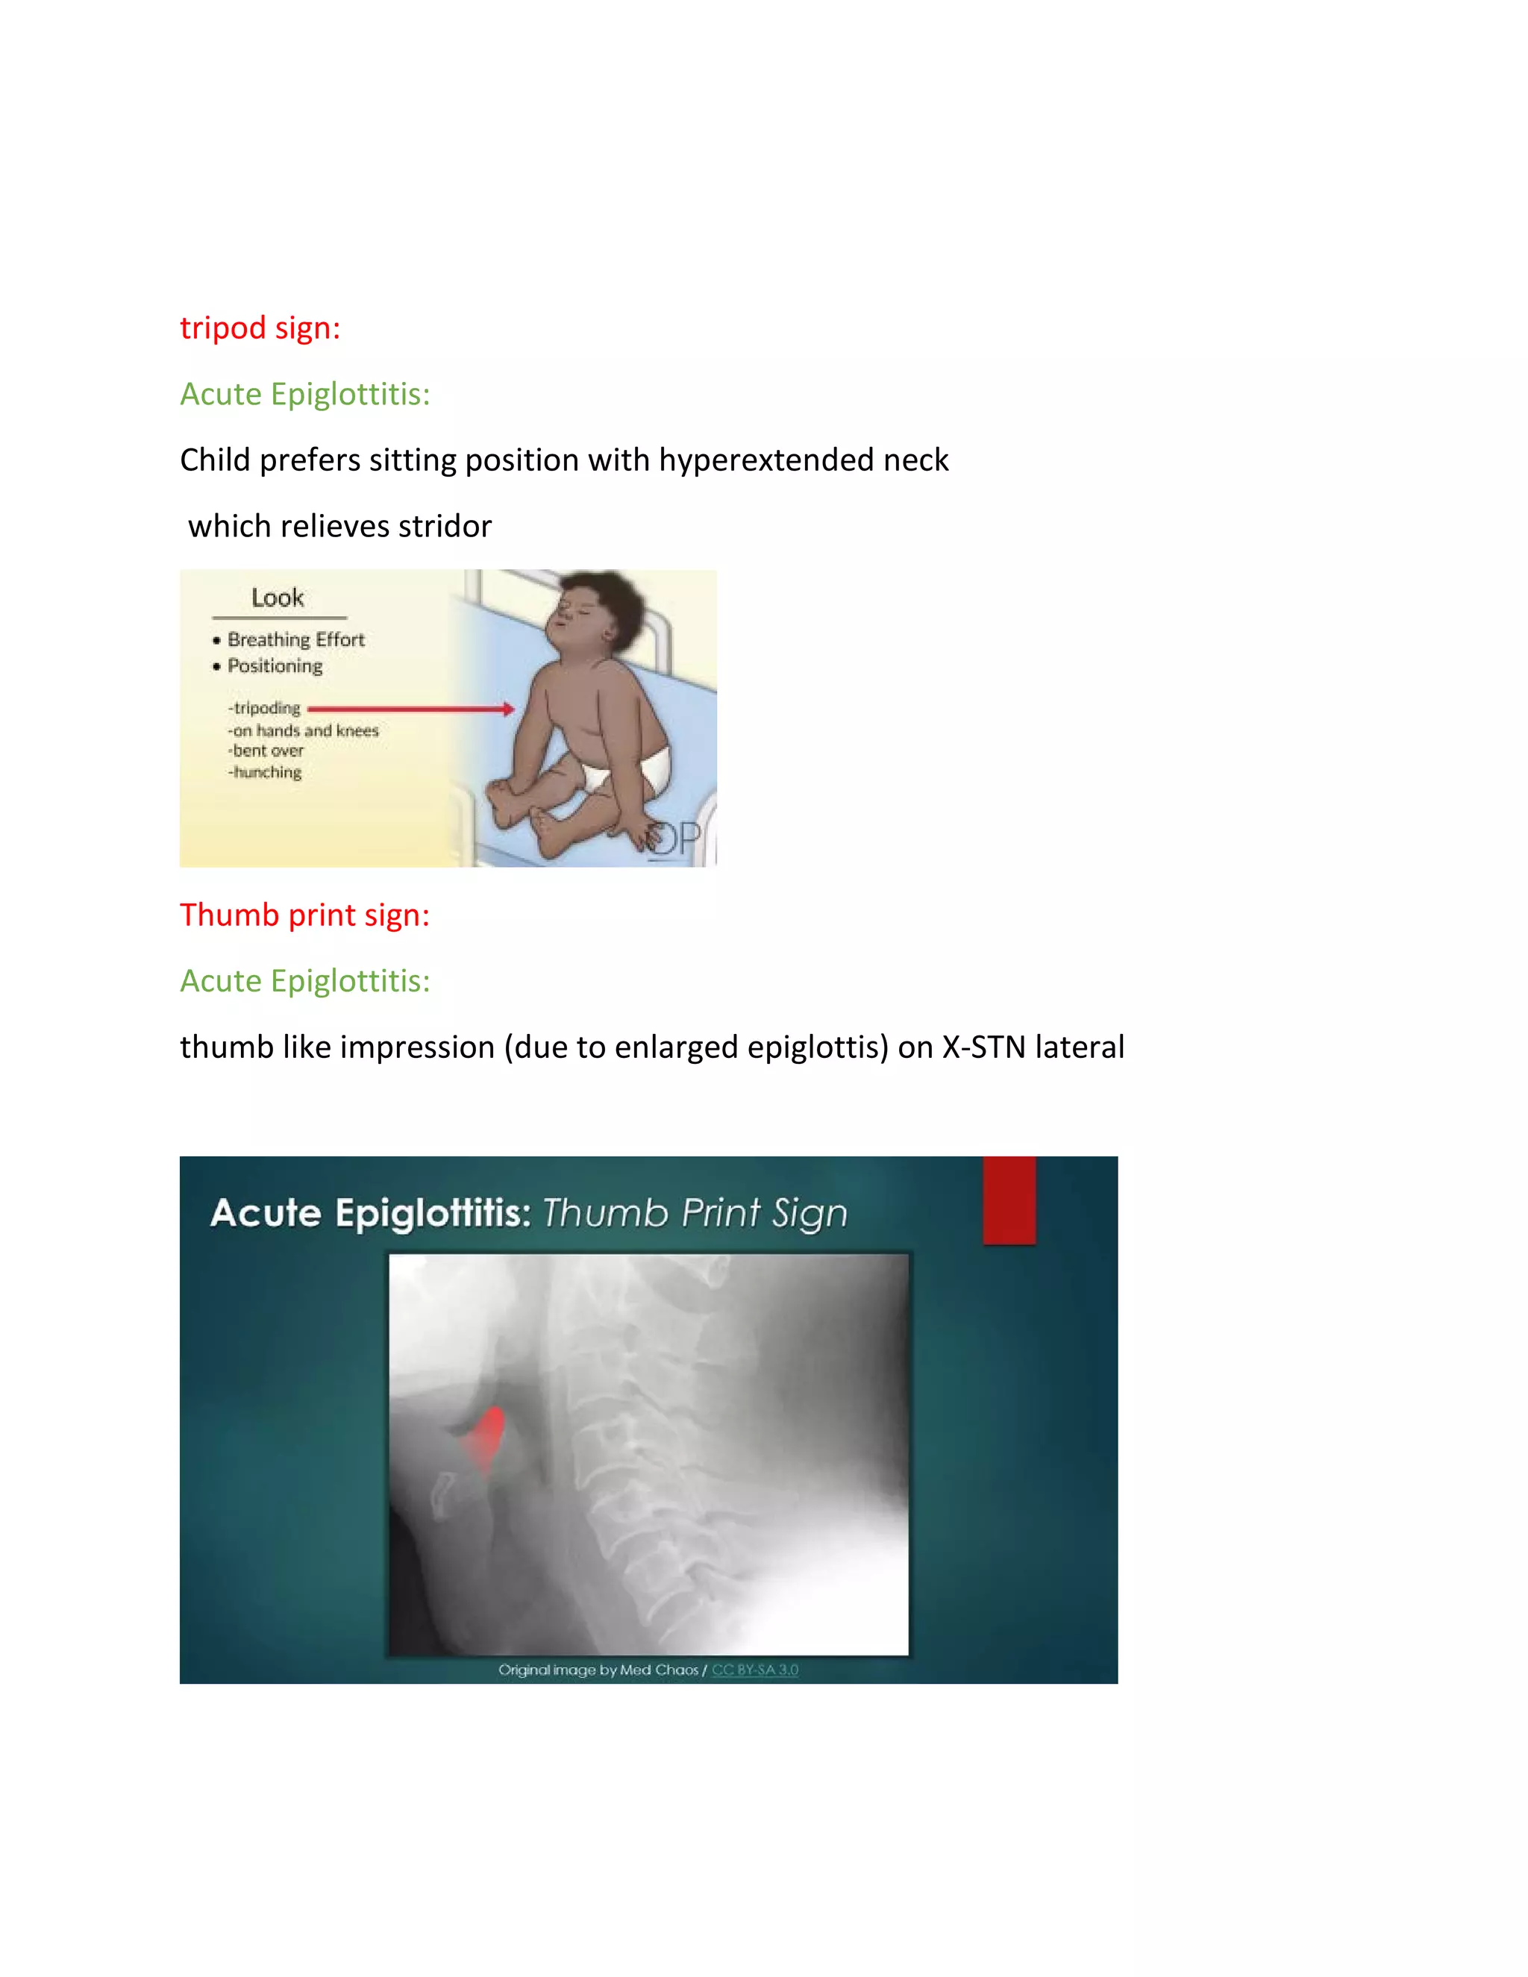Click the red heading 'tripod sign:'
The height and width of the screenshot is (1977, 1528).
(260, 328)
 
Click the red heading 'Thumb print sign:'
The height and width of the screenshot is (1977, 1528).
(304, 915)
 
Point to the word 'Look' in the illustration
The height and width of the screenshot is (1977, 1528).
(278, 598)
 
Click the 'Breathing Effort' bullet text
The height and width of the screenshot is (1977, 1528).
(296, 640)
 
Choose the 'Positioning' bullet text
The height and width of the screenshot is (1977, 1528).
(275, 666)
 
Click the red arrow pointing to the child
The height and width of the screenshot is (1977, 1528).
(411, 709)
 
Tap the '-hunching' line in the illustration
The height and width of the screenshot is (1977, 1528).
(265, 772)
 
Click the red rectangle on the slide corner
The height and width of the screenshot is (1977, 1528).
(1009, 1199)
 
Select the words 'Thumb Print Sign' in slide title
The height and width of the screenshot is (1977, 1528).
(695, 1213)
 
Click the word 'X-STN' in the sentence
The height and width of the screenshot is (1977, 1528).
(984, 1047)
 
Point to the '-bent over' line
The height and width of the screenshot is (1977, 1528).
(266, 751)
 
